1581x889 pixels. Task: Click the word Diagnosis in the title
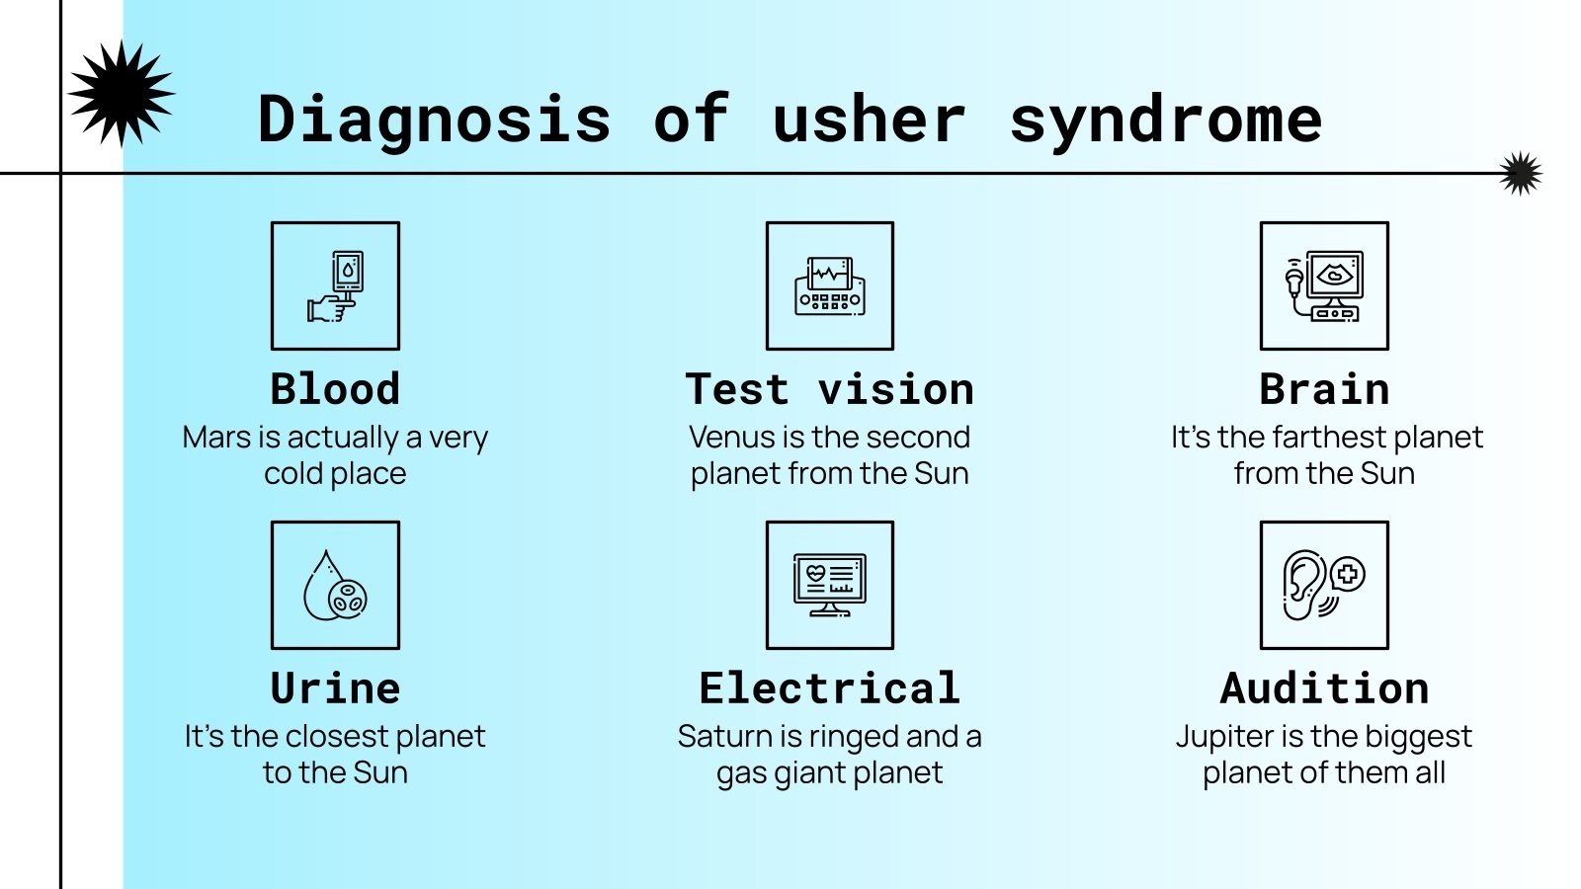[x=434, y=121]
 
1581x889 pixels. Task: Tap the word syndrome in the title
[x=1165, y=121]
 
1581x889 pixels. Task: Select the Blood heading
[x=335, y=389]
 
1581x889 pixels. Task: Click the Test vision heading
[x=829, y=389]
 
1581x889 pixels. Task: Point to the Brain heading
[x=1324, y=389]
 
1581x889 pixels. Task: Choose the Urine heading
[x=335, y=688]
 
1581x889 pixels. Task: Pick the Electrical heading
[x=829, y=688]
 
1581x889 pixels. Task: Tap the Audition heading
[x=1324, y=688]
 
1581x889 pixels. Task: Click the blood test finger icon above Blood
[x=335, y=286]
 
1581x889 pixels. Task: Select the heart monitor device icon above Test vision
[x=829, y=286]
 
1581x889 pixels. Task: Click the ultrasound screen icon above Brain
[x=1324, y=286]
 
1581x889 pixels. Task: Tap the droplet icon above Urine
[x=335, y=586]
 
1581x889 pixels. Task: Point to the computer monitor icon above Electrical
[x=829, y=586]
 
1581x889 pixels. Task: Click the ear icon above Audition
[x=1324, y=586]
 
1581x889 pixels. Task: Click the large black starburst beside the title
[x=122, y=94]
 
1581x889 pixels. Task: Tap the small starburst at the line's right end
[x=1520, y=174]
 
